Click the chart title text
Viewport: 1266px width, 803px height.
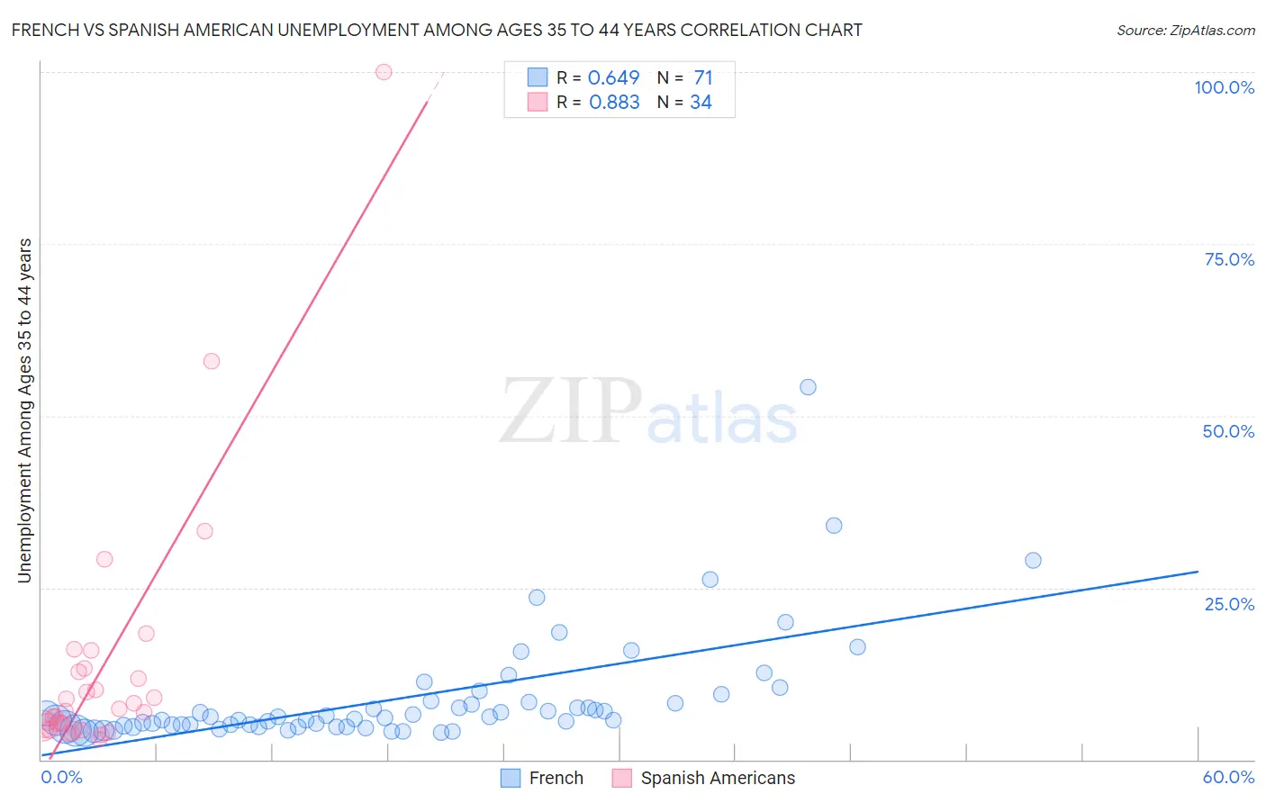click(437, 30)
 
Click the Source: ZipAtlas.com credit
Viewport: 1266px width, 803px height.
click(1185, 30)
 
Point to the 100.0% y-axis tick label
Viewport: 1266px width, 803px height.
click(1224, 87)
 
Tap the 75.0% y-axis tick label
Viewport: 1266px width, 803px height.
click(1229, 259)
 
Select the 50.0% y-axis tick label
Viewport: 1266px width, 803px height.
click(1228, 431)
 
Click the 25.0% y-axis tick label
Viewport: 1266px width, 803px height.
click(1229, 604)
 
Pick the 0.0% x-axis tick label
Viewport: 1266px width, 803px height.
click(61, 777)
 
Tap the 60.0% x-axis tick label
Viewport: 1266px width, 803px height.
click(1228, 777)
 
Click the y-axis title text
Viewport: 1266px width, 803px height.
click(25, 411)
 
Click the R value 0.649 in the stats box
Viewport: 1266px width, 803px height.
click(613, 78)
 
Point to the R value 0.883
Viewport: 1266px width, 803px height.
click(614, 103)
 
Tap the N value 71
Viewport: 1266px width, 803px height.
click(702, 78)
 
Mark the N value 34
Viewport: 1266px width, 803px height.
click(701, 103)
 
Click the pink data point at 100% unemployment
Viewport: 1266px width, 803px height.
click(384, 72)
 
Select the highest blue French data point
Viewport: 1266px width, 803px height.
click(808, 387)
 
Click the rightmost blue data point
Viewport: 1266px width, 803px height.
click(1033, 560)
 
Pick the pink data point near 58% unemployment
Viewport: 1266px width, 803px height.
click(212, 361)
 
